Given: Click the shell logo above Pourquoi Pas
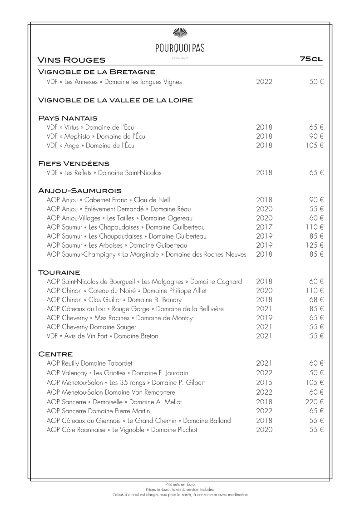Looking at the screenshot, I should coord(180,32).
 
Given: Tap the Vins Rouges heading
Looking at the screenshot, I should coord(71,60).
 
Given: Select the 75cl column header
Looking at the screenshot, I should coord(311,59).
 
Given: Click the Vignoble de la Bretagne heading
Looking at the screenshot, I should coord(97,72).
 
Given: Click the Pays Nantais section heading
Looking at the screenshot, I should coord(68,118).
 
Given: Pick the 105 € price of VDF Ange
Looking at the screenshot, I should coord(314,146).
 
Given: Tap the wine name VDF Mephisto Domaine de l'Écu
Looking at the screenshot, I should coord(96,137).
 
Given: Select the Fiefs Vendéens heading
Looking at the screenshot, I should coord(74,163).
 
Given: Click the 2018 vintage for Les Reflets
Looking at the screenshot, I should coord(264,173).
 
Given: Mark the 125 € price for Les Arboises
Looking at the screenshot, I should coord(314,245).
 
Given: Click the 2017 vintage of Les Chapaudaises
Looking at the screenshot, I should coord(264,227).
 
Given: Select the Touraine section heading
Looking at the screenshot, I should coord(59,272).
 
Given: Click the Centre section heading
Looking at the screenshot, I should coord(56,353).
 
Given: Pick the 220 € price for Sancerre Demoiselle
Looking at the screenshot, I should coord(314,402).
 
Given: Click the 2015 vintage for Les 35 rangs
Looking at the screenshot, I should coord(264,382).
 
